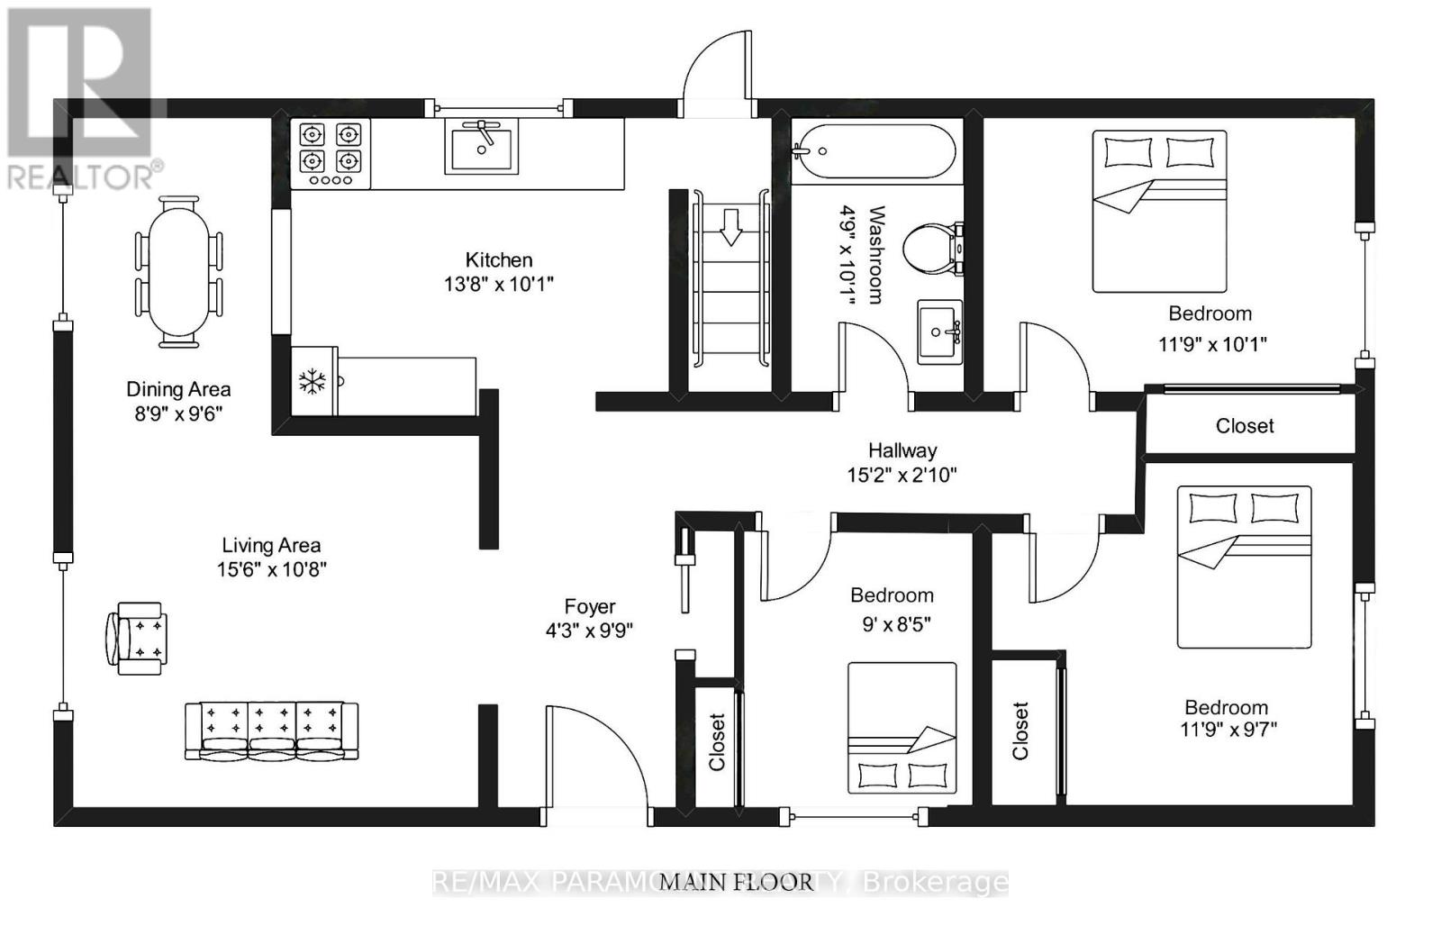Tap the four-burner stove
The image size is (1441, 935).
pyautogui.click(x=331, y=154)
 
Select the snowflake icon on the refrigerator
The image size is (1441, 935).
pyautogui.click(x=313, y=382)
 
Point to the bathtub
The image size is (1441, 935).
pyautogui.click(x=874, y=152)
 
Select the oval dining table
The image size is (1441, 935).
pyautogui.click(x=178, y=271)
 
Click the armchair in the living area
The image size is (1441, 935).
pyautogui.click(x=136, y=638)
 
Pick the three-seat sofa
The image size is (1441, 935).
pyautogui.click(x=271, y=731)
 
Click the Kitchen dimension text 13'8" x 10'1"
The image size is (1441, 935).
pyautogui.click(x=499, y=285)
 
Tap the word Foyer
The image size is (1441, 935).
pyautogui.click(x=590, y=607)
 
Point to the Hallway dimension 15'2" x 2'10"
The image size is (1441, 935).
pyautogui.click(x=902, y=475)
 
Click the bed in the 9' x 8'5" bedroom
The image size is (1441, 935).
pyautogui.click(x=902, y=728)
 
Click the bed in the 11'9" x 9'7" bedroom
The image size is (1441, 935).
pyautogui.click(x=1244, y=567)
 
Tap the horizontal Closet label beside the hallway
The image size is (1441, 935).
pyautogui.click(x=1245, y=426)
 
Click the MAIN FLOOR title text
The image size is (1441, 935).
pyautogui.click(x=737, y=882)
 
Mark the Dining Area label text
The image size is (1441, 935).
pyautogui.click(x=178, y=389)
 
